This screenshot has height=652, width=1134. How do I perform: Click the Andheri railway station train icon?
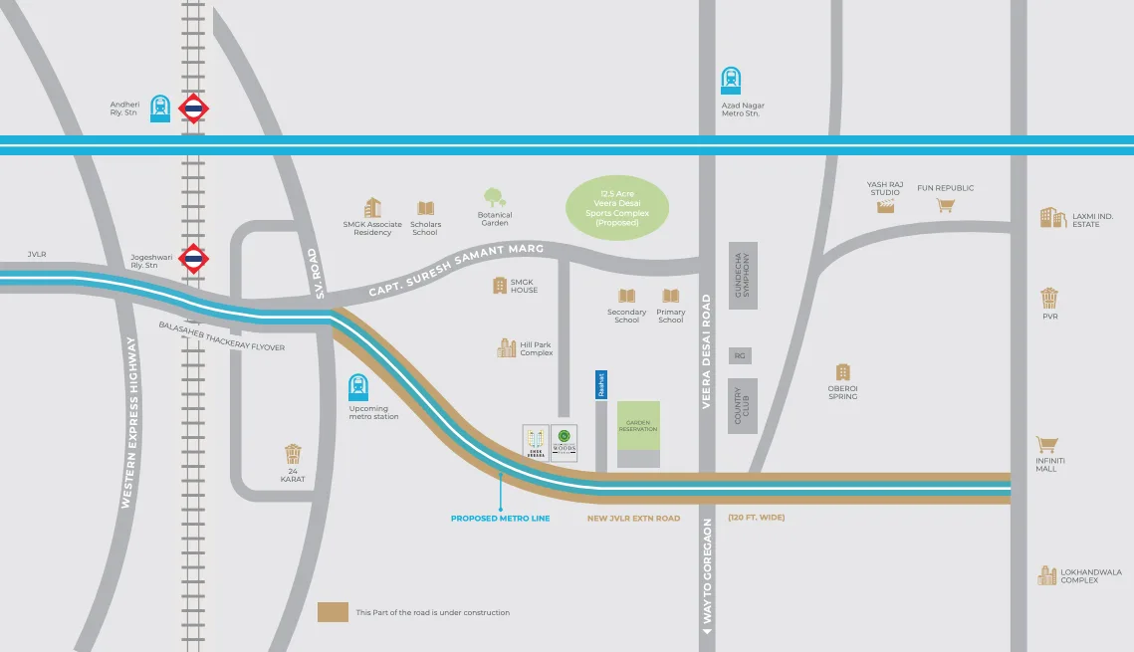point(160,108)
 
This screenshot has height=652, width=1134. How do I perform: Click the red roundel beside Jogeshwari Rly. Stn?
point(194,260)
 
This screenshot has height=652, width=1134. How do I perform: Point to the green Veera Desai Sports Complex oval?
point(617,207)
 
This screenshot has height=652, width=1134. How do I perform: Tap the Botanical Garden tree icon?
point(494,197)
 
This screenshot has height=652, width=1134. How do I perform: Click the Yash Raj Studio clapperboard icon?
point(885,206)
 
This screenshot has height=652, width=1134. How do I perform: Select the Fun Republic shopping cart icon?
point(945,205)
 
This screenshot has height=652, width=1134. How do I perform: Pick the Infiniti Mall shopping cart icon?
point(1046,445)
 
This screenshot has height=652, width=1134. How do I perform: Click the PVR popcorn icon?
point(1049,298)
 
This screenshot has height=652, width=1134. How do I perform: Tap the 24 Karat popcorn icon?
point(292,455)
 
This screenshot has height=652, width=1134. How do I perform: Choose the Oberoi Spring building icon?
point(843,372)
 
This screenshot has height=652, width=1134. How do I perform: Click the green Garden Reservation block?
point(638,425)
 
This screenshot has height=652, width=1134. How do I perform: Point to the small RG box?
point(740,355)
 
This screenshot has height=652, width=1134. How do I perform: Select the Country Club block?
point(743,405)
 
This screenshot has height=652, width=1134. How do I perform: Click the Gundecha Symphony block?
point(743,275)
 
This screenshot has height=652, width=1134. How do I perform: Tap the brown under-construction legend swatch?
point(333,611)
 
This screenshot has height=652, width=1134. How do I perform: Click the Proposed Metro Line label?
point(500,519)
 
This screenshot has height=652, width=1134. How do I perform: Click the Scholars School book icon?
point(426,208)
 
